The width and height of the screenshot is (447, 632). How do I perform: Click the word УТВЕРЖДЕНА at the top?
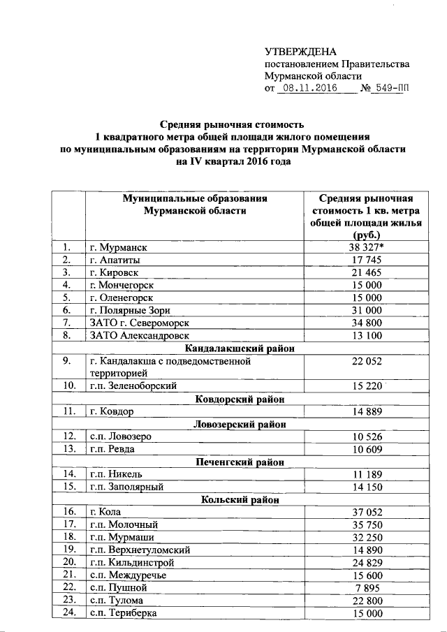[x=300, y=52]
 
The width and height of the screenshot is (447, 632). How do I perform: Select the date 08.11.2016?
[x=307, y=89]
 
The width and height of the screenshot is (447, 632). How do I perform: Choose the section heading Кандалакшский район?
[x=239, y=348]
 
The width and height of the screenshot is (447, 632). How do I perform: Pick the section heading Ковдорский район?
[x=239, y=399]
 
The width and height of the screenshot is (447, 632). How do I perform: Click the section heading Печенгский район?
[x=239, y=462]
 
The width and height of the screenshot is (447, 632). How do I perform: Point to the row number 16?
[x=68, y=513]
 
